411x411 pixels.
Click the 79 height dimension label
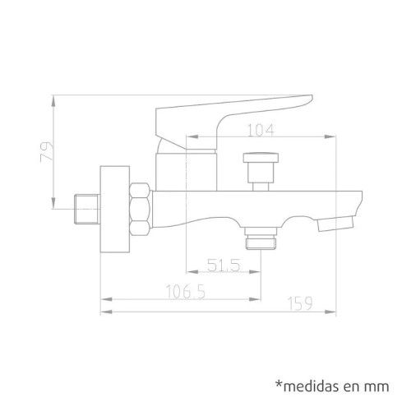tap(47, 152)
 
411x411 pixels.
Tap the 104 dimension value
tap(261, 130)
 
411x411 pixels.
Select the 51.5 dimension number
tap(224, 265)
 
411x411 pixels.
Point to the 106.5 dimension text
tap(186, 292)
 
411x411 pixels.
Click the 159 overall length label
tap(300, 303)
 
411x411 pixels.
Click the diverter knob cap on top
tap(261, 157)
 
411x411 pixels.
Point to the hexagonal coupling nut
tap(141, 210)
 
